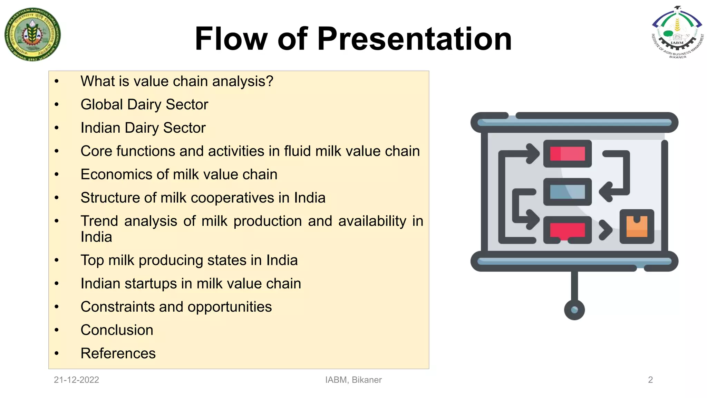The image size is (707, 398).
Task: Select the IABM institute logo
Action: tap(677, 33)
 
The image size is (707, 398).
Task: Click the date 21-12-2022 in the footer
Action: tap(76, 380)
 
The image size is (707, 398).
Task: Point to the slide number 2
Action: tap(650, 380)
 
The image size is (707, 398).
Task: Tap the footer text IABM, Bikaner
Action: tap(353, 380)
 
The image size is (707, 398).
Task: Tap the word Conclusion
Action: tap(117, 330)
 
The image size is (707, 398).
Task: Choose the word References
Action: tap(118, 353)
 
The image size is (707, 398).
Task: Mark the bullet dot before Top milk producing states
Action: tap(57, 260)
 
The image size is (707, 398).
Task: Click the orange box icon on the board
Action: tap(637, 227)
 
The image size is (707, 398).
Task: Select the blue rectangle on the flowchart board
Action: tap(567, 192)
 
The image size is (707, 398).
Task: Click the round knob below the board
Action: tap(574, 310)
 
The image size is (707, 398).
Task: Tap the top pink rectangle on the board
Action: tap(567, 154)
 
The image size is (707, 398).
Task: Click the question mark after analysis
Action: tap(269, 82)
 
